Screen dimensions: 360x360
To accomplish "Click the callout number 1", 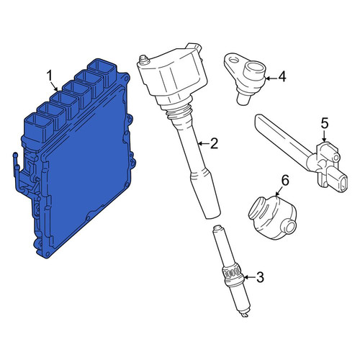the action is pos(50,76).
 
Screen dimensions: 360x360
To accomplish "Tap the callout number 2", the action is pos(214,143).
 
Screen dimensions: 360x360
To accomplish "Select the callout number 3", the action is pos(260,277).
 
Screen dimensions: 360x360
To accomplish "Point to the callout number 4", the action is pos(282,77).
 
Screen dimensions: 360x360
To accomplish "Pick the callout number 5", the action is pos(324,123).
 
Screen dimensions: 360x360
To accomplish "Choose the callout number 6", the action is pos(285,180).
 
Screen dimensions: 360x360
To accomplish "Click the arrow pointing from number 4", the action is pos(271,78).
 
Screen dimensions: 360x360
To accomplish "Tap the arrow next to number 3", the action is pos(250,277).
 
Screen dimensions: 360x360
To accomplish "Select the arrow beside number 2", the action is pos(203,143).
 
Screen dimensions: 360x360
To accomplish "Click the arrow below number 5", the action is pos(324,136).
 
